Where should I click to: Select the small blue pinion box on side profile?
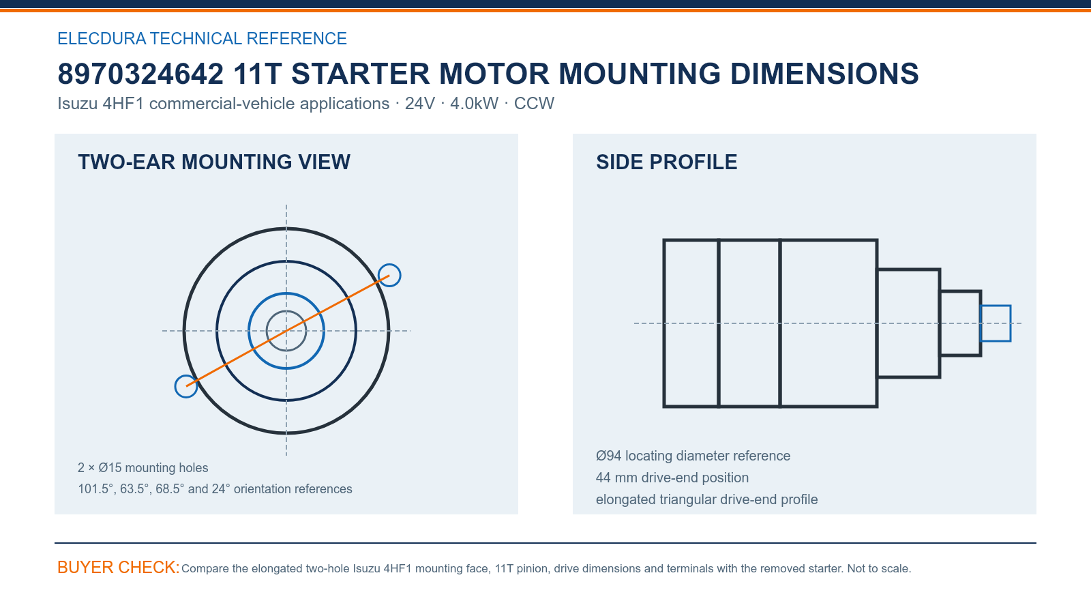coord(996,306)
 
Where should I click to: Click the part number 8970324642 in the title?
coord(140,74)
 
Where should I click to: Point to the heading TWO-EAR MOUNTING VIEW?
coord(214,162)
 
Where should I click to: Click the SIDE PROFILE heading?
coord(667,162)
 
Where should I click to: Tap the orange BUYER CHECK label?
coord(119,568)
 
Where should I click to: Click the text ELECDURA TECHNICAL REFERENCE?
coord(202,38)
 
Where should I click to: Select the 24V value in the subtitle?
coord(420,104)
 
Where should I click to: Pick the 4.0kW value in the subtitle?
coord(475,104)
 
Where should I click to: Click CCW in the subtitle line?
coord(535,104)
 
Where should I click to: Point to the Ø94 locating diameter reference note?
coord(693,456)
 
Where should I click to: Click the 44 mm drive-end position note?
coord(672,478)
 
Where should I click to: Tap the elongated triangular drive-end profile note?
coord(706,500)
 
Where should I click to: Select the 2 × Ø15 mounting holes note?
coord(143,468)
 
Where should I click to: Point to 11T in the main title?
coord(257,74)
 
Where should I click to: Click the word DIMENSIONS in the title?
coord(824,74)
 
